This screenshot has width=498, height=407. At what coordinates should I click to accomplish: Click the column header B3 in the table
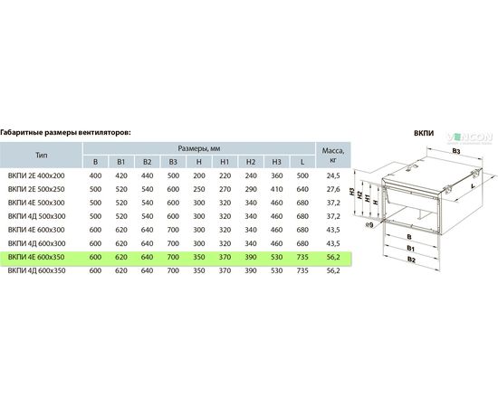tap(173, 162)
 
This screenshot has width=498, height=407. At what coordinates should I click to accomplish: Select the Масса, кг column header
tap(333, 155)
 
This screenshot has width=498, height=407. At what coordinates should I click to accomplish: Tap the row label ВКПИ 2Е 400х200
tap(36, 175)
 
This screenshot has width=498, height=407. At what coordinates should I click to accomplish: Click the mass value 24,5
tap(333, 175)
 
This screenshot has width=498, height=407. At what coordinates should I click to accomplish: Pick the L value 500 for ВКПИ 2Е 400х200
tap(302, 175)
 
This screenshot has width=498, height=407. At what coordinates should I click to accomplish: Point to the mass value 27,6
tap(333, 189)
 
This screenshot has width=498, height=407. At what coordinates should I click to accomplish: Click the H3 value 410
tap(277, 189)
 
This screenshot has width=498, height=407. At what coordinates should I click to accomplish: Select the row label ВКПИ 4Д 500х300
tap(37, 216)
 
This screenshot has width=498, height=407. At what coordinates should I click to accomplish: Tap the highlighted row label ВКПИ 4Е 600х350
tap(36, 257)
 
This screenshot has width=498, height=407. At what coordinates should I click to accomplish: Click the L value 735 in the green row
tap(302, 257)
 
